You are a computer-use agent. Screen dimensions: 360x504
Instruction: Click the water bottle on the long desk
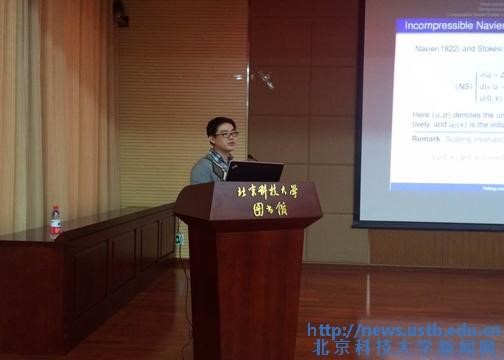click(56, 223)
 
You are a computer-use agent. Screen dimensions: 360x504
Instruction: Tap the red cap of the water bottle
click(56, 209)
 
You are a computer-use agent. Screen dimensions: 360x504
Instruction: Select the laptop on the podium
click(254, 171)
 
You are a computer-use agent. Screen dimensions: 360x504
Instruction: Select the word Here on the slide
click(423, 115)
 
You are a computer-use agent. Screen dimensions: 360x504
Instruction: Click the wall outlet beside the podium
click(179, 239)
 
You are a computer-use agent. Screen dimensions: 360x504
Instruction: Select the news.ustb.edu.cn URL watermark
click(404, 330)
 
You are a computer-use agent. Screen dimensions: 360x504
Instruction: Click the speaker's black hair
click(220, 123)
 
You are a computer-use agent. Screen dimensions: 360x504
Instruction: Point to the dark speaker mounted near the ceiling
click(121, 13)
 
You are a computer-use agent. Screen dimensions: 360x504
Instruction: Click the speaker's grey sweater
click(208, 169)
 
